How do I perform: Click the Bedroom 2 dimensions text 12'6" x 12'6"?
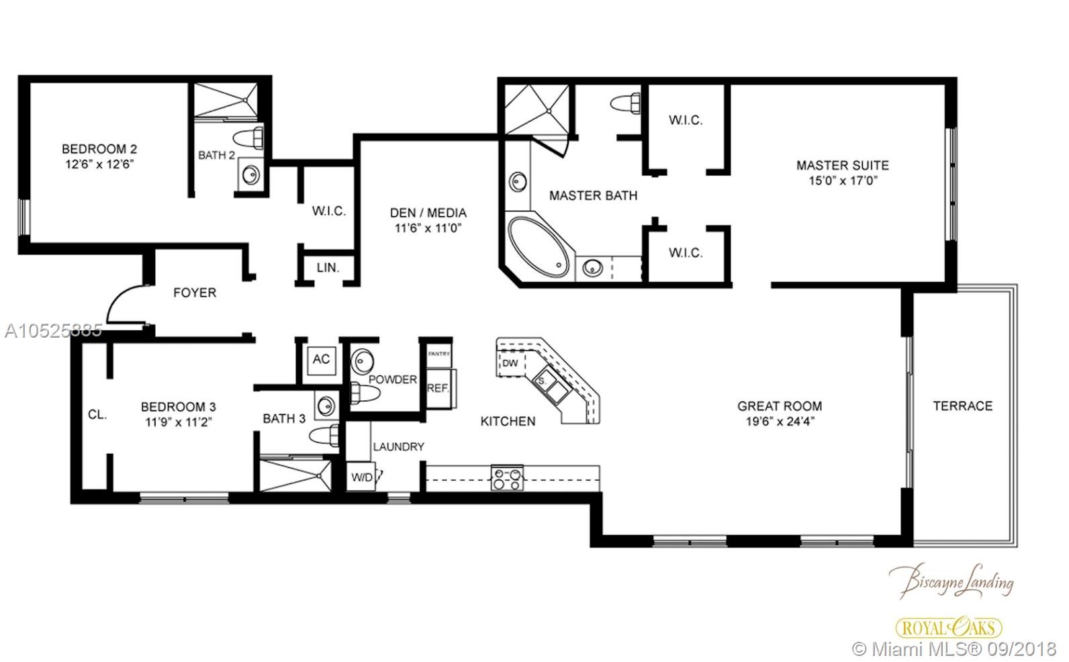[x=99, y=164]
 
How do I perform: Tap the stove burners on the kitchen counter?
[x=507, y=478]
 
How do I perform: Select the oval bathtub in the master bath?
[x=539, y=247]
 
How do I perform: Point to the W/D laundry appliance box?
[x=361, y=476]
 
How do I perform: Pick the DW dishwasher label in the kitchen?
[x=510, y=363]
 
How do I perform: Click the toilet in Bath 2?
[x=248, y=138]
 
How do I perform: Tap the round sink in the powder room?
[x=363, y=363]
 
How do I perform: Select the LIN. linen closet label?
[x=328, y=268]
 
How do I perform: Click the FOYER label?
[x=195, y=293]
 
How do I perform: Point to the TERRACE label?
[x=963, y=406]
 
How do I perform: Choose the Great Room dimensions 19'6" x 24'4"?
[x=780, y=422]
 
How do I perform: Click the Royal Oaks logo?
[x=949, y=628]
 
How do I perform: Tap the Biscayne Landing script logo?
[x=951, y=581]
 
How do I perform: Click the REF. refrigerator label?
[x=438, y=389]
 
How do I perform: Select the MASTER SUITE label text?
[x=843, y=166]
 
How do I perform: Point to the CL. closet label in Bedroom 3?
[x=97, y=415]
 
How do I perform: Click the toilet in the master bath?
[x=626, y=103]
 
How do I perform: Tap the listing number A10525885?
[x=54, y=330]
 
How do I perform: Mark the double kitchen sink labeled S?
[x=552, y=385]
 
